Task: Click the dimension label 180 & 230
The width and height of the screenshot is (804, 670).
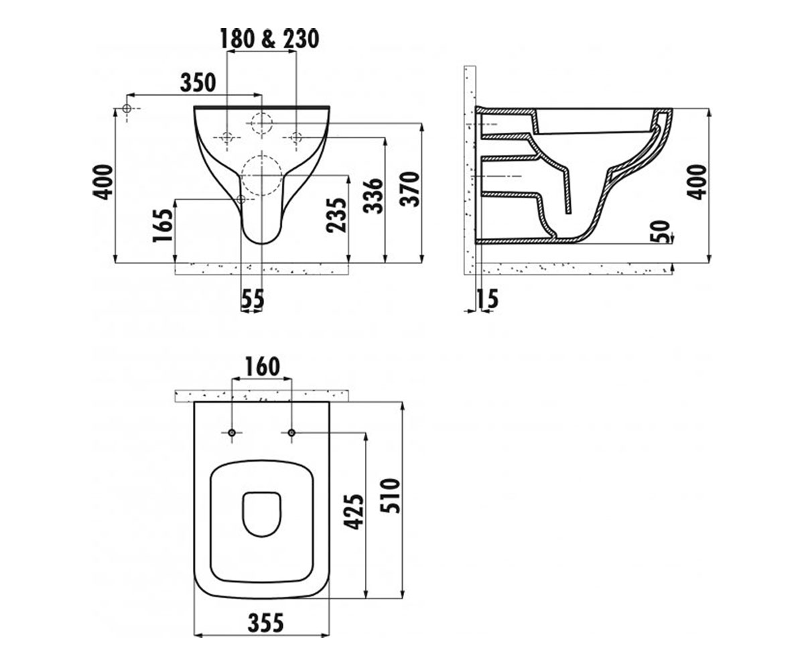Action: [x=269, y=39]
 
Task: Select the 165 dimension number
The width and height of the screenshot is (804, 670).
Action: [x=163, y=225]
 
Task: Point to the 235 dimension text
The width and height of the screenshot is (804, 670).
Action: [x=336, y=215]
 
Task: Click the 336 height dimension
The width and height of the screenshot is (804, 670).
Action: [x=373, y=196]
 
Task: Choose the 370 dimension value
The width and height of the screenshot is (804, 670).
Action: [x=409, y=189]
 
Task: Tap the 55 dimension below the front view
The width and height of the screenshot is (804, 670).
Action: [x=253, y=299]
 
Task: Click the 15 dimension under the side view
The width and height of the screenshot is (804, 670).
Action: [x=487, y=299]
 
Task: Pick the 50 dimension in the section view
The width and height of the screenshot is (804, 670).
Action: [x=660, y=231]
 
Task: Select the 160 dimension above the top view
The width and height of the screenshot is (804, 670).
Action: [x=262, y=366]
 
